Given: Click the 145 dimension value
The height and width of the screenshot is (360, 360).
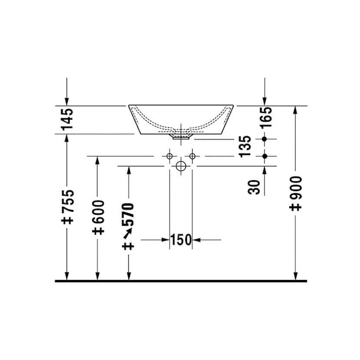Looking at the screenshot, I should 67,119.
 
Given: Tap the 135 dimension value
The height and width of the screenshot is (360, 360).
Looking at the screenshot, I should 245,146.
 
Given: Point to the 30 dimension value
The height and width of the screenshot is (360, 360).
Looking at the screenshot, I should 256,187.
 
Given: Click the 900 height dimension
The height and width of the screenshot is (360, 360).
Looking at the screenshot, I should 296,187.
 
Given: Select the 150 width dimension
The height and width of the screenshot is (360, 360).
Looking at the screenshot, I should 181,240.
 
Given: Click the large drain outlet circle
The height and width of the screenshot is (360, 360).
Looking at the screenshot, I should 181,166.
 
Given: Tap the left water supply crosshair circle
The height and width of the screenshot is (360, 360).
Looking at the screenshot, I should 170,156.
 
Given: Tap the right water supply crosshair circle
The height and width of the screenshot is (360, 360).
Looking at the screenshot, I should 192,156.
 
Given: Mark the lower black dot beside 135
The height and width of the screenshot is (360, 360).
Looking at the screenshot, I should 265,156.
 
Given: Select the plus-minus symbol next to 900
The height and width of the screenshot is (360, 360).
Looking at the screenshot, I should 296,207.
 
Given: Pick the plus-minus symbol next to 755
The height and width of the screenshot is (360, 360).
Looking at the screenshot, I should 67,220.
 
